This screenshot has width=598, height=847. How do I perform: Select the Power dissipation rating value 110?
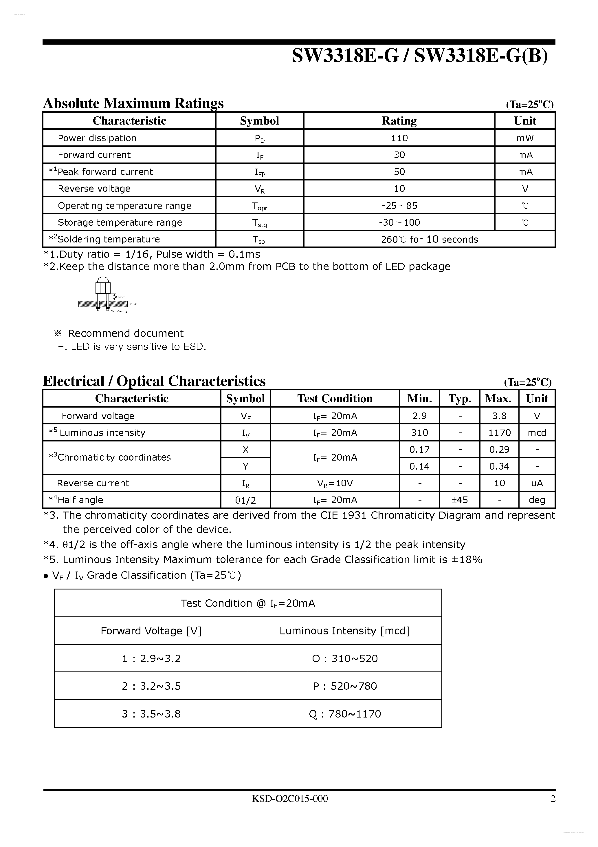(399, 138)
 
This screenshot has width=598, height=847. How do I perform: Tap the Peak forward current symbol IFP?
(260, 172)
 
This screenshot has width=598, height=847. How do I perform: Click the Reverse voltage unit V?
(525, 189)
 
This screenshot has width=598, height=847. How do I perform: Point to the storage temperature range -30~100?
(399, 222)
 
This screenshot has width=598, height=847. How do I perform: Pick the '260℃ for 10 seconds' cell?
(429, 240)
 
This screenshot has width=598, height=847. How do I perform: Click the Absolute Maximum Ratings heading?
(133, 103)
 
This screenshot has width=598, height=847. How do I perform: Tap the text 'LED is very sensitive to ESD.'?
(138, 347)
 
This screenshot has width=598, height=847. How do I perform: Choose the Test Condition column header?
(335, 399)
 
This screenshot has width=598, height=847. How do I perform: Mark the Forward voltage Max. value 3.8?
(499, 416)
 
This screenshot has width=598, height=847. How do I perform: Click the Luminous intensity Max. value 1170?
(499, 433)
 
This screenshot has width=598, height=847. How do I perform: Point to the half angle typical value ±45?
(459, 500)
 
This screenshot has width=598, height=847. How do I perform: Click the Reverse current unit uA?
(537, 483)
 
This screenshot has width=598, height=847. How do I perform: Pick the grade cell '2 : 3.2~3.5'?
(151, 686)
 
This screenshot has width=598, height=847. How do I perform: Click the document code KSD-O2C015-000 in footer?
(290, 799)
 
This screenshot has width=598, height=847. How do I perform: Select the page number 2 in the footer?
(553, 799)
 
